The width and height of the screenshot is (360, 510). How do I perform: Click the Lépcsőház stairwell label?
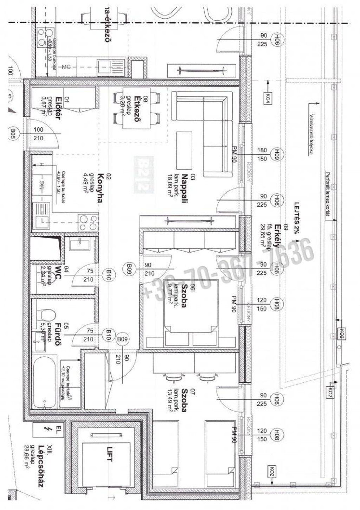click(x=40, y=468)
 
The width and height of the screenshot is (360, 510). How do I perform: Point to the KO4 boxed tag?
click(x=268, y=97)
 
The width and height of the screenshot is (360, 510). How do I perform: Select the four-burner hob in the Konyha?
click(x=88, y=221)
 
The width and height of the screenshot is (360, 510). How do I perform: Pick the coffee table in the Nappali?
click(x=185, y=149)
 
